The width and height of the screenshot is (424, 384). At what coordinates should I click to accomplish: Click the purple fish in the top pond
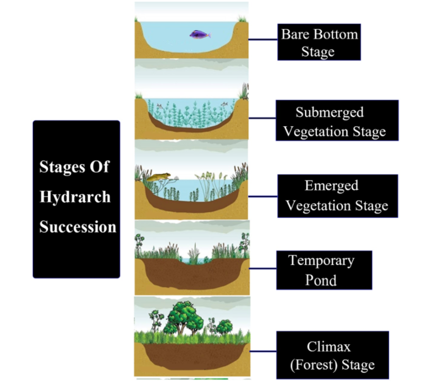(x=200, y=35)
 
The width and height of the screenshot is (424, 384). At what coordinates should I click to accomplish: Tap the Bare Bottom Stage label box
(x=319, y=42)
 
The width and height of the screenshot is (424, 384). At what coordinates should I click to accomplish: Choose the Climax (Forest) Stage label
(x=333, y=355)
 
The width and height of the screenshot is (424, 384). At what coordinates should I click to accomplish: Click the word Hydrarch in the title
(x=75, y=197)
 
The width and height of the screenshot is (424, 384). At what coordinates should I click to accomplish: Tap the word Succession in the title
(x=78, y=227)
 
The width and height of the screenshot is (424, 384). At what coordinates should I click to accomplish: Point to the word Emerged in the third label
(x=331, y=186)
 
